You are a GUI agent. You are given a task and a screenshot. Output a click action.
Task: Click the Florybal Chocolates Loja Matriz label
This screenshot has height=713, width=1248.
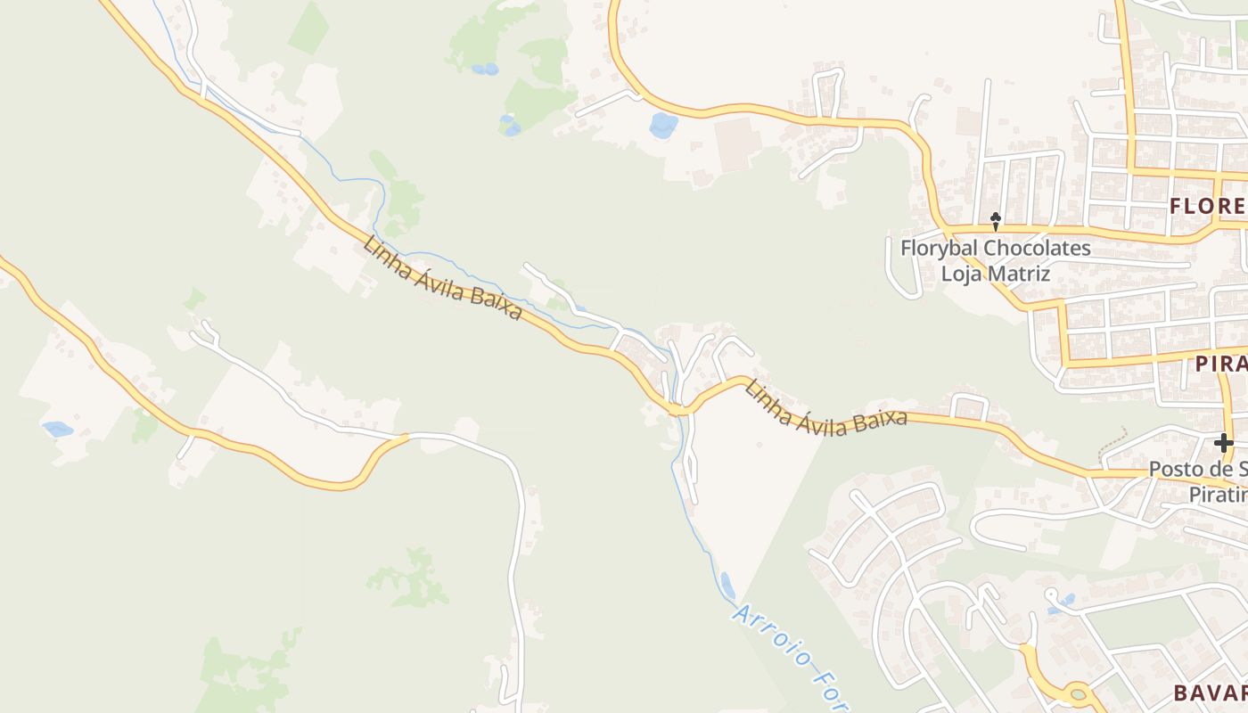(x=995, y=260)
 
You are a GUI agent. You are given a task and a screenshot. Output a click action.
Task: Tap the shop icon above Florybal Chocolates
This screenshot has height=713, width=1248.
(x=996, y=218)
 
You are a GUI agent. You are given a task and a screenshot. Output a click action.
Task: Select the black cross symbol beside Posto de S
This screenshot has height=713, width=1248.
(x=1223, y=442)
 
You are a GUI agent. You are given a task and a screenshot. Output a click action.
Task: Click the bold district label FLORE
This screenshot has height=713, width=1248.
(x=1208, y=207)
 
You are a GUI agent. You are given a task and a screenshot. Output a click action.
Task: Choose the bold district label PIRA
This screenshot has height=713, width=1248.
(x=1220, y=364)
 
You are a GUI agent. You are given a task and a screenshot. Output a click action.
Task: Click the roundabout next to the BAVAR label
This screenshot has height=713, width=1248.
(x=1079, y=693)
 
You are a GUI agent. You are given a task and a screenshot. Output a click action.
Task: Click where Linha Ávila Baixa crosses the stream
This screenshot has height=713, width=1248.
(x=679, y=410)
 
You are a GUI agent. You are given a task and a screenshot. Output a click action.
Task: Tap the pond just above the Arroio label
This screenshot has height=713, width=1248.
(x=727, y=585)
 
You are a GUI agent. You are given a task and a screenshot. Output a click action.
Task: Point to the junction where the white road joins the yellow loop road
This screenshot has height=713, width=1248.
(x=407, y=436)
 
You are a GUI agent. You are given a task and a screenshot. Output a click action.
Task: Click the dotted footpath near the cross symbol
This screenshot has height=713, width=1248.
(x=1113, y=438)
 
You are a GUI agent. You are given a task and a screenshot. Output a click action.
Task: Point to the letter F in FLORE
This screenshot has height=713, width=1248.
(x=1176, y=207)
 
